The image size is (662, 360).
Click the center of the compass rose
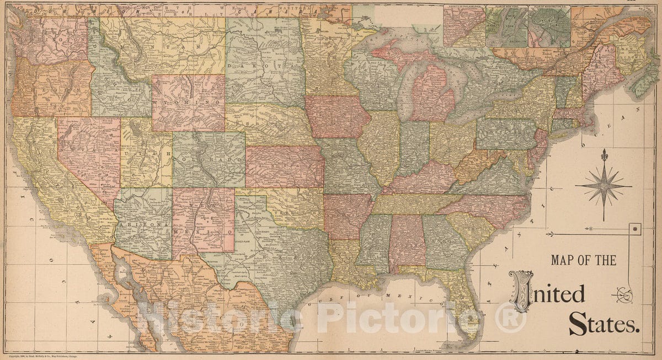pyautogui.click(x=604, y=186)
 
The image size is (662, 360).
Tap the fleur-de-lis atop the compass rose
pyautogui.click(x=604, y=155)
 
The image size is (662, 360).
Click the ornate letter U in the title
pyautogui.click(x=521, y=291)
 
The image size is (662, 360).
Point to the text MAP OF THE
pyautogui.click(x=583, y=260)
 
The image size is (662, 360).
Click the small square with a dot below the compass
pyautogui.click(x=635, y=228)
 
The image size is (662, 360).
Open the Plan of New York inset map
pyautogui.click(x=506, y=26)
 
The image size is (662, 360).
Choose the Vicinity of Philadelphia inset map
pyautogui.click(x=464, y=26)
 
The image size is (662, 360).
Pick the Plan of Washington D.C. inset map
pyautogui.click(x=549, y=26)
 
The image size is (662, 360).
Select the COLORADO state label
pyautogui.click(x=210, y=158)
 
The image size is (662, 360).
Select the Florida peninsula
pyautogui.click(x=462, y=298)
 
